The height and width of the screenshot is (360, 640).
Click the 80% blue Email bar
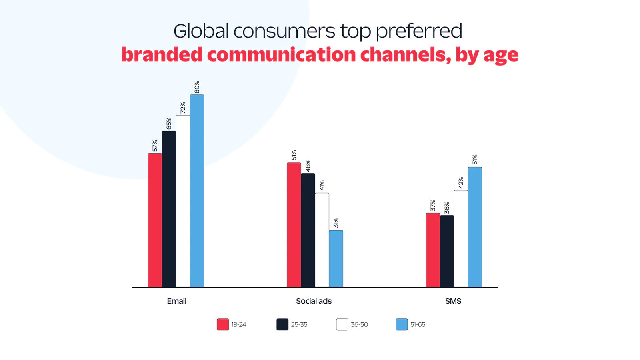tap(197, 191)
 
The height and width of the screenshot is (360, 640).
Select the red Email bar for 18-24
tap(155, 220)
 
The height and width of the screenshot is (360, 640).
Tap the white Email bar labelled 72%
tap(183, 201)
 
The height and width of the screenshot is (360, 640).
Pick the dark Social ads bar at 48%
tap(308, 230)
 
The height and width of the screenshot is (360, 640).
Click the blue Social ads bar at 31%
tap(336, 258)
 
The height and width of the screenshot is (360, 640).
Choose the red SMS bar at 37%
tap(433, 250)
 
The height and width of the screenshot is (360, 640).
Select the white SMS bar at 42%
tap(461, 238)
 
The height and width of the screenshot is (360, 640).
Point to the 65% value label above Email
tap(169, 123)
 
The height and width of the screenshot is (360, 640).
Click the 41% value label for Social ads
tap(322, 185)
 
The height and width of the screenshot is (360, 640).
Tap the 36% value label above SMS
tap(447, 208)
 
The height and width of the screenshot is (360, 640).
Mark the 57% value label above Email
tap(155, 146)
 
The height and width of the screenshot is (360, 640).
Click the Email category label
tap(176, 301)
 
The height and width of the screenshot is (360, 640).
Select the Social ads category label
tap(314, 301)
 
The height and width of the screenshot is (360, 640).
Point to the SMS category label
tap(453, 301)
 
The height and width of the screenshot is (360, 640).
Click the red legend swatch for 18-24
tap(223, 324)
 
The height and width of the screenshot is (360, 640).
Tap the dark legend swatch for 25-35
tap(282, 324)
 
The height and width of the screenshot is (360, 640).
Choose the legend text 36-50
tap(359, 325)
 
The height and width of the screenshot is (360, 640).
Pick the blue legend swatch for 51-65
tap(402, 324)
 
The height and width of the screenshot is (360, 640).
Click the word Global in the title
tap(201, 31)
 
